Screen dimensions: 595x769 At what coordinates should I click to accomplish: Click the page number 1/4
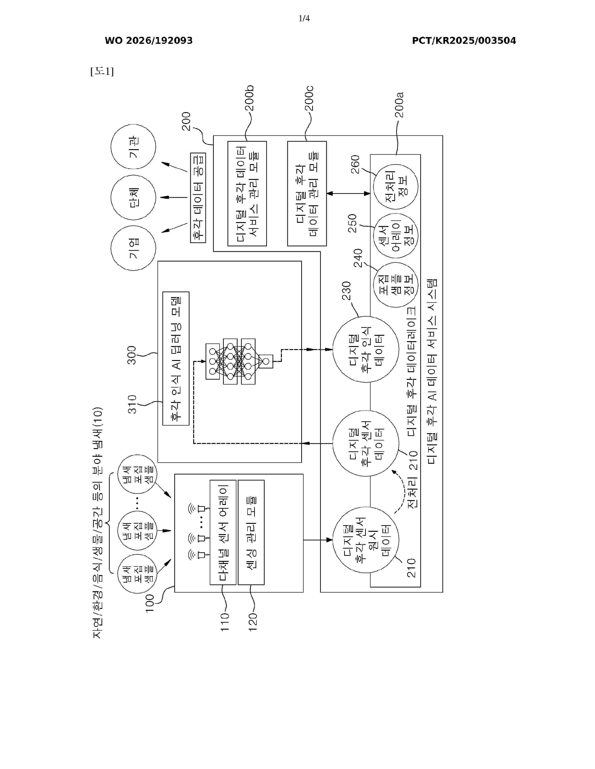click(x=304, y=18)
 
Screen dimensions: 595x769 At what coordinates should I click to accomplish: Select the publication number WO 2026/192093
click(x=149, y=41)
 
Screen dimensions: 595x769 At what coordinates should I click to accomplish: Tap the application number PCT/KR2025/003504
click(x=464, y=41)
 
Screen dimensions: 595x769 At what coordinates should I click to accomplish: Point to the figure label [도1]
click(x=102, y=72)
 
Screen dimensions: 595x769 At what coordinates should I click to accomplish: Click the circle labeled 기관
click(x=133, y=147)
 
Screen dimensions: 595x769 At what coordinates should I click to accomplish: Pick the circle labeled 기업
click(x=133, y=248)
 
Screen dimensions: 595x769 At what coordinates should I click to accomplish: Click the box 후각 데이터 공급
click(x=198, y=198)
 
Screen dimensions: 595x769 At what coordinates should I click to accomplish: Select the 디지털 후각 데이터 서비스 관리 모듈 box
click(x=247, y=193)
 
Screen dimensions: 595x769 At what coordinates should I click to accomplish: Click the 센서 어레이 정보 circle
click(x=395, y=236)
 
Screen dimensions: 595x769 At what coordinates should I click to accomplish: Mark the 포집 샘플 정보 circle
click(x=395, y=285)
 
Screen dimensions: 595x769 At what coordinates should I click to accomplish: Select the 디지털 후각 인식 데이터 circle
click(x=366, y=349)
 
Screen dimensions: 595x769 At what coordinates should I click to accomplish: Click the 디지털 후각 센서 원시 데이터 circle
click(x=366, y=540)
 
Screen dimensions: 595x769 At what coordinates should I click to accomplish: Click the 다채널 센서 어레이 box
click(x=223, y=532)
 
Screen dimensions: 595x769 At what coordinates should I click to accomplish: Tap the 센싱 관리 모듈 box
click(x=251, y=532)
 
